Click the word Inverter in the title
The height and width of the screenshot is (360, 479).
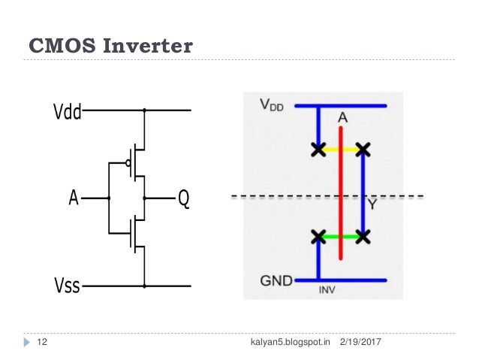click(x=143, y=47)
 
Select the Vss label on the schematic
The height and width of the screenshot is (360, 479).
click(x=66, y=286)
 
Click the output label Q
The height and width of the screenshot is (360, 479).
click(x=182, y=199)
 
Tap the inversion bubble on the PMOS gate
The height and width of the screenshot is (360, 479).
click(x=128, y=162)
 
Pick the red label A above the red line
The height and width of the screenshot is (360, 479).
click(x=342, y=117)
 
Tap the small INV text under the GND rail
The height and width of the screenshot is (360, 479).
click(x=327, y=289)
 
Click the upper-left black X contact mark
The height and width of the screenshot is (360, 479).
click(x=318, y=150)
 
